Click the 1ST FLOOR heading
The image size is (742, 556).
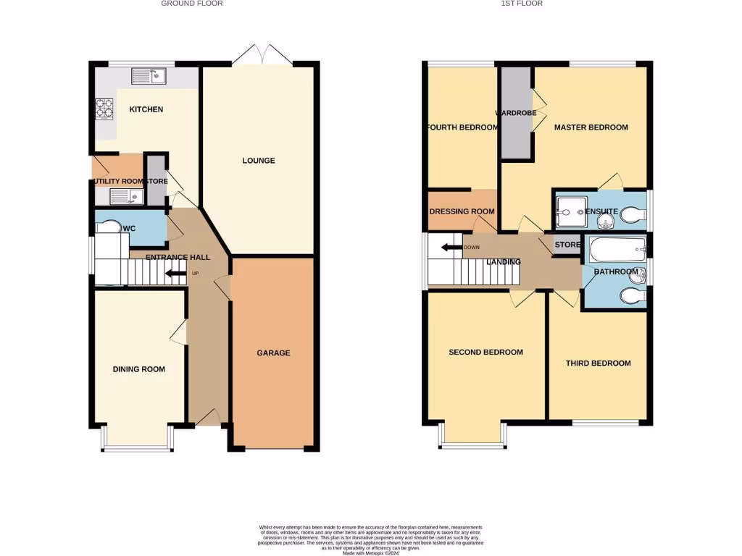click(x=522, y=4)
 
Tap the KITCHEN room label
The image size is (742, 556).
click(x=146, y=109)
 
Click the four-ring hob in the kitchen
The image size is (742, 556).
click(x=104, y=108)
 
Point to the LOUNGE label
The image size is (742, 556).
click(x=259, y=160)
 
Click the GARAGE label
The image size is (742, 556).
click(x=273, y=353)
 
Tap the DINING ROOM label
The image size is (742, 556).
click(x=138, y=369)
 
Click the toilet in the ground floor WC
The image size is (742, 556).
click(x=109, y=227)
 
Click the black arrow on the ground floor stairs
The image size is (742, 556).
click(x=175, y=273)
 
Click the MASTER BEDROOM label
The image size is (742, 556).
click(x=591, y=127)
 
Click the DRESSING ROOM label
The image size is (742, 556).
click(x=462, y=211)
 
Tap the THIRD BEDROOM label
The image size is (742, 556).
click(x=598, y=363)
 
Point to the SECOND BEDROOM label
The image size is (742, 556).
click(x=485, y=353)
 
